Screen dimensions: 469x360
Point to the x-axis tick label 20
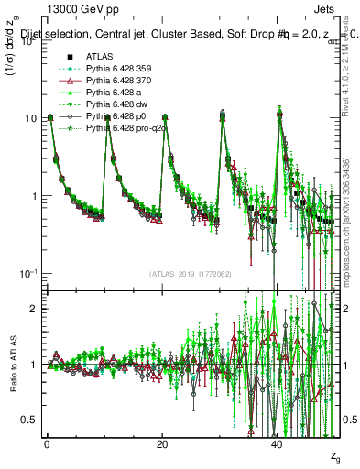162,443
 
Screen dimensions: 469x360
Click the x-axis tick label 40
277,443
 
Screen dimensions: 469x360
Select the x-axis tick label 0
47,443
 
